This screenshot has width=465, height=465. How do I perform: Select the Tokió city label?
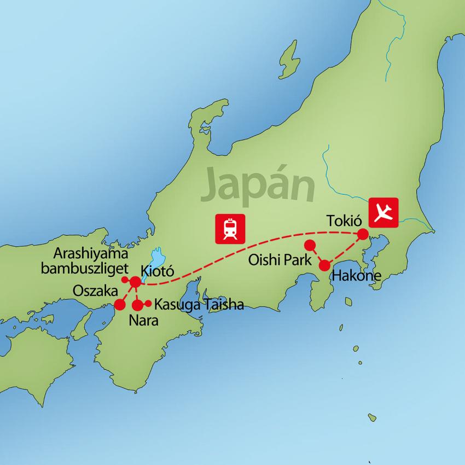click(345, 220)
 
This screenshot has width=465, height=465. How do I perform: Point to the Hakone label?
click(356, 276)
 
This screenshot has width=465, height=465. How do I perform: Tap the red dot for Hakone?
click(324, 265)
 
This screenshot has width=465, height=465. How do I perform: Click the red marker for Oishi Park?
click(310, 245)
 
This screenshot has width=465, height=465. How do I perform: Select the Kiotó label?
click(158, 270)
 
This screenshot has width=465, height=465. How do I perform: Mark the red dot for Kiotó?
click(135, 281)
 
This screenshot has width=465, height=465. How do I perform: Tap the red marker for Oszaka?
click(120, 305)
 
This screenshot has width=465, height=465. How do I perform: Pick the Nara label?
click(144, 321)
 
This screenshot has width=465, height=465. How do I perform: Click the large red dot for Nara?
click(137, 305)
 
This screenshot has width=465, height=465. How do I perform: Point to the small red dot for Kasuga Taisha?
click(149, 304)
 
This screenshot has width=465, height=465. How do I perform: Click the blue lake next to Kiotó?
click(158, 257)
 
